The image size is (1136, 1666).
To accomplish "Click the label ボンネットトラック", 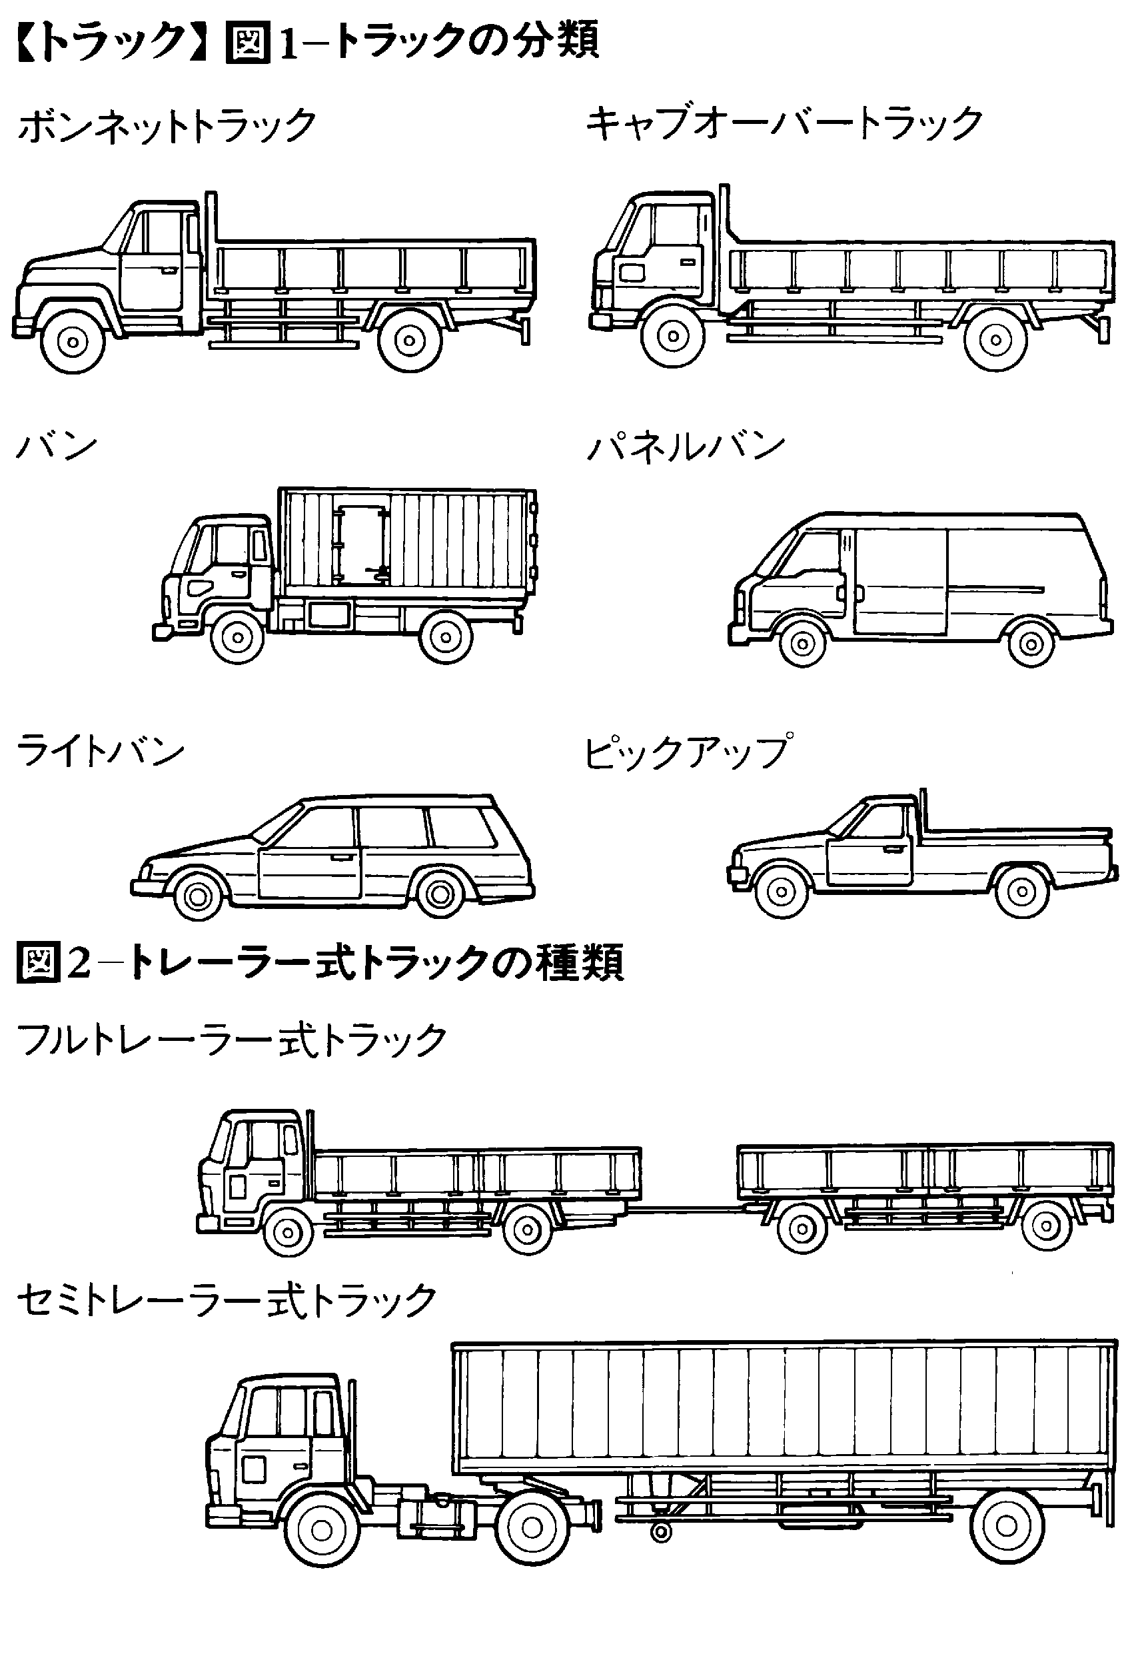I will point(167,127).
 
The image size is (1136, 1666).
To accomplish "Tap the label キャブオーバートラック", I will point(784,124).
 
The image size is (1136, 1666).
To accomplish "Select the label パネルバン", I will point(686,446).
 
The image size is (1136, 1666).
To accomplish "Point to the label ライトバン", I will point(101,751).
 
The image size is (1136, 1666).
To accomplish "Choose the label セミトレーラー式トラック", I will point(227,1299).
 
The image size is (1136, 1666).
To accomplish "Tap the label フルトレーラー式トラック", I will point(231,1040).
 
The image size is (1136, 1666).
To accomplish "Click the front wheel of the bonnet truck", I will point(73,341).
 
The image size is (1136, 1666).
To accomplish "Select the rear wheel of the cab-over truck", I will point(996,340).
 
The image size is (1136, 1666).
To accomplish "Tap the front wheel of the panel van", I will point(803,644).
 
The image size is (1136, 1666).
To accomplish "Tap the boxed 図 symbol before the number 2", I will point(37,964).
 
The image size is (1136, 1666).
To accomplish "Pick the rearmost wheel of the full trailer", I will point(1047,1228).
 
